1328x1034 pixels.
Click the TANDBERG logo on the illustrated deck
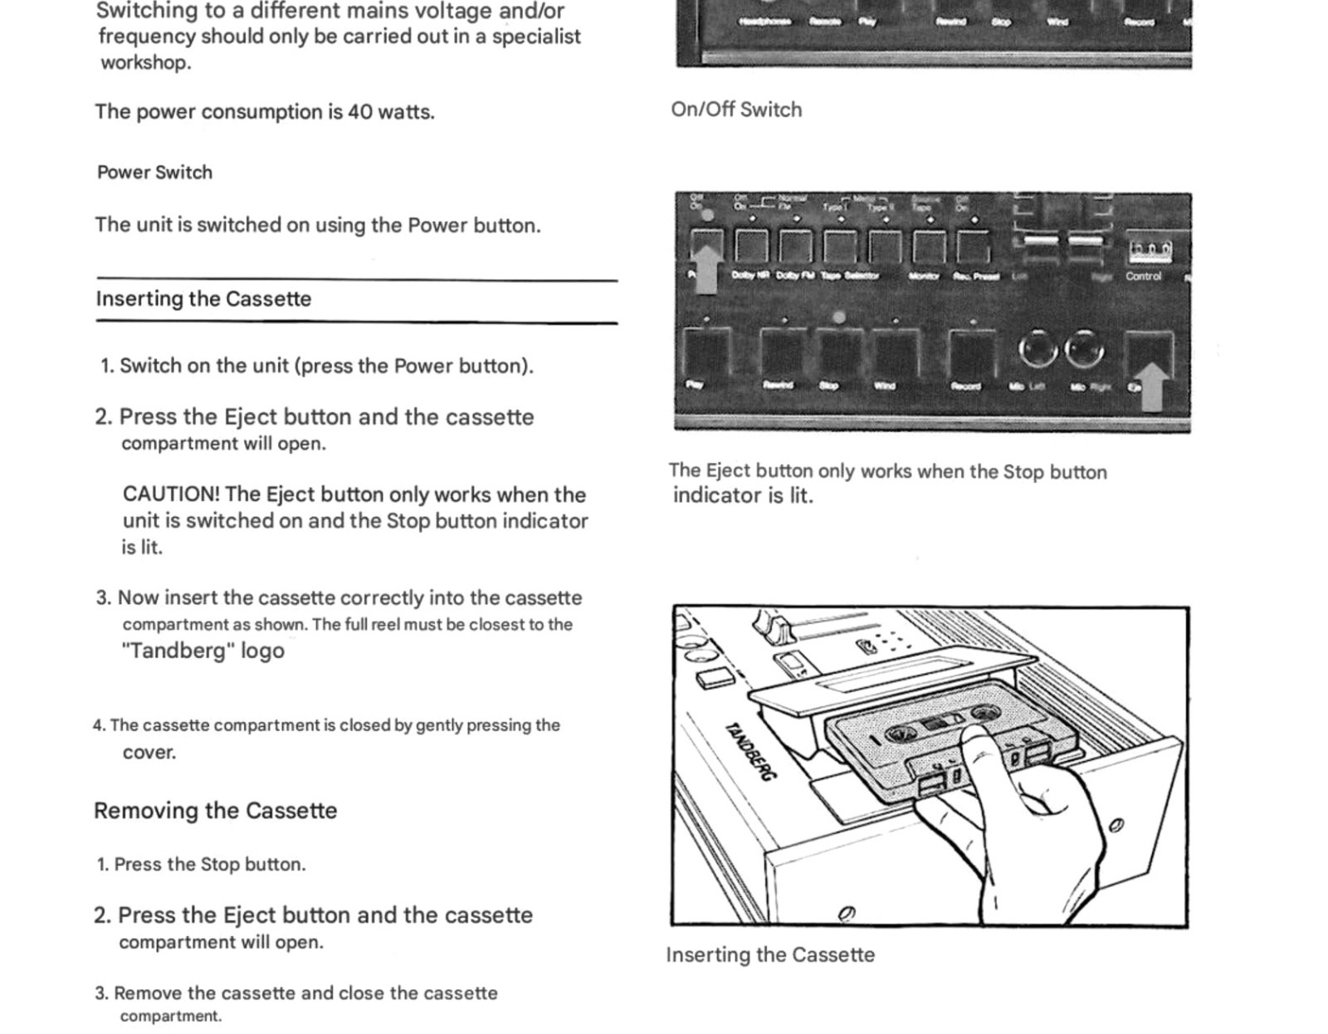752,751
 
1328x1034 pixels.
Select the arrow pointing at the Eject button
1151,386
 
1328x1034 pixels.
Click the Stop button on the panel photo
840,352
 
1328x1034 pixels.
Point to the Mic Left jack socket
1037,349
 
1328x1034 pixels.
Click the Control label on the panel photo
1143,276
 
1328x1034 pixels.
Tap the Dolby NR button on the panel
751,247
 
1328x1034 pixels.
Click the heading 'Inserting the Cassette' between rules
203,299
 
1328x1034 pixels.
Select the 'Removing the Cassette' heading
215,811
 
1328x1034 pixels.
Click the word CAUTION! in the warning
171,495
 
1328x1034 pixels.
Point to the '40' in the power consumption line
359,112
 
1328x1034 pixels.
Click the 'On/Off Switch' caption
736,110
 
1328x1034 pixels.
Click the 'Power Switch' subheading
154,173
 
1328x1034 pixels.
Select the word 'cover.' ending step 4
149,753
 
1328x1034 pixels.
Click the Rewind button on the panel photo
782,352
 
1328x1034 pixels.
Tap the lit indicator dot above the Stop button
839,317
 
